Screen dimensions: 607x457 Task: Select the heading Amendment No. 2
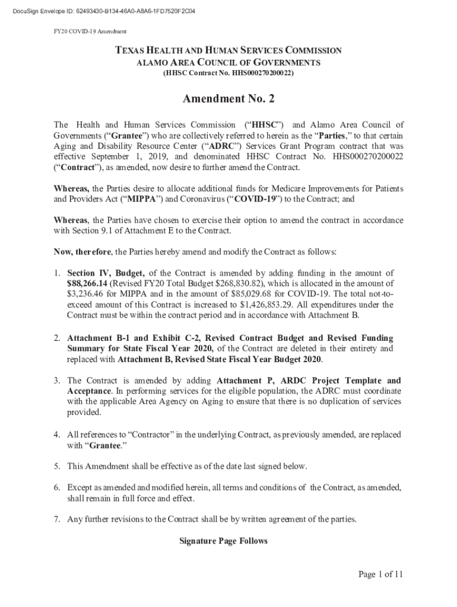pyautogui.click(x=228, y=99)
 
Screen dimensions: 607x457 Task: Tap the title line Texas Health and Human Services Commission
pyautogui.click(x=228, y=51)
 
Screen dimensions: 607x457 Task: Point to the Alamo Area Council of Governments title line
pyautogui.click(x=228, y=63)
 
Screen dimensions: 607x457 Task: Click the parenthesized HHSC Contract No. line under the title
pyautogui.click(x=228, y=74)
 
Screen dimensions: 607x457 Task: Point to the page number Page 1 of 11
pyautogui.click(x=380, y=574)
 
